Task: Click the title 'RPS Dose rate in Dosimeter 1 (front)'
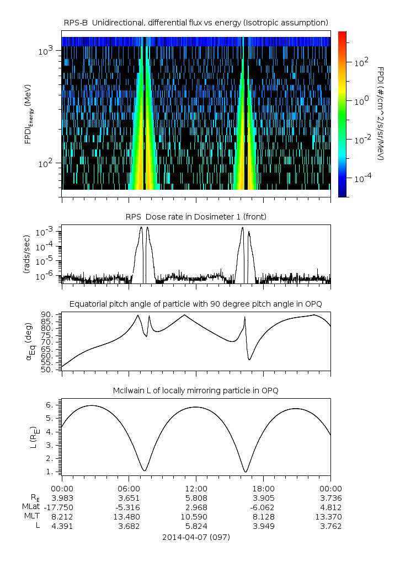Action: [x=196, y=217]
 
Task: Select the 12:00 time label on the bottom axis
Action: [x=196, y=488]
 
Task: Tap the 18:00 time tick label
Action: [x=263, y=488]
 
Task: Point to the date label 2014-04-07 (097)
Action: [x=196, y=537]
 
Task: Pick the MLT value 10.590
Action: [x=196, y=517]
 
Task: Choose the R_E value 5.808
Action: [x=196, y=497]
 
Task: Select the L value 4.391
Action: [x=62, y=526]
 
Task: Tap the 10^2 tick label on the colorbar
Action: [x=361, y=62]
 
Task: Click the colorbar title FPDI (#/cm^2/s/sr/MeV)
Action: [x=381, y=113]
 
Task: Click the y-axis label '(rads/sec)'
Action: [x=26, y=254]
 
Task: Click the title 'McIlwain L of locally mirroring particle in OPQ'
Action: [x=196, y=390]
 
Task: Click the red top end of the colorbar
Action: [x=342, y=35]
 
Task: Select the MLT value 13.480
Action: [x=129, y=517]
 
